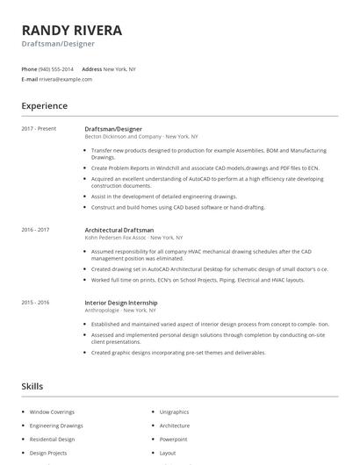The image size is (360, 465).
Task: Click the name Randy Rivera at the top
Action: point(72,30)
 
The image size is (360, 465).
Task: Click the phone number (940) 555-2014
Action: point(57,68)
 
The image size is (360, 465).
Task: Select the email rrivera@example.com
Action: point(65,79)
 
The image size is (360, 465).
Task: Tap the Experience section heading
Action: point(44,106)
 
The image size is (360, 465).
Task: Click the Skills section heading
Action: point(32,386)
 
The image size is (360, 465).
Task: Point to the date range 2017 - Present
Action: point(39,129)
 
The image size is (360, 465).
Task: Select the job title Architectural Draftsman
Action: point(119,230)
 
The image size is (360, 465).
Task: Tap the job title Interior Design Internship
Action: point(122,303)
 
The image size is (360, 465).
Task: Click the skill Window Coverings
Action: point(52,411)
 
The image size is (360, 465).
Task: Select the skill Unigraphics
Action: point(174,411)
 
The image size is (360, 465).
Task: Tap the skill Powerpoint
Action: point(173,440)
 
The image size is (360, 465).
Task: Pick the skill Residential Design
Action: point(52,440)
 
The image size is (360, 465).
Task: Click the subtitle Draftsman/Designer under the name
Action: point(58,43)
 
